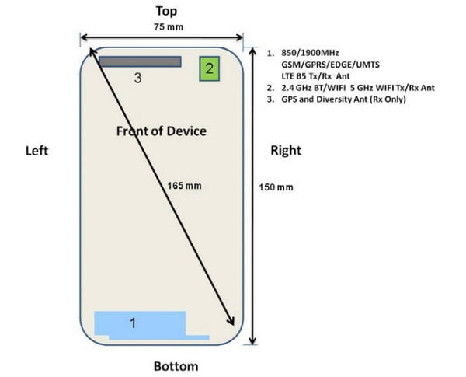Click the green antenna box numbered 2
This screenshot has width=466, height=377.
208,68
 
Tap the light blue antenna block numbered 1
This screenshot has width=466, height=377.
140,324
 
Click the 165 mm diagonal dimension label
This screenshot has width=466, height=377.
183,187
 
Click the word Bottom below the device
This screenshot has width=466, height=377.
176,366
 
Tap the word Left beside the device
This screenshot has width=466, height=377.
37,151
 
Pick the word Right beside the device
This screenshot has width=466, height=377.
285,151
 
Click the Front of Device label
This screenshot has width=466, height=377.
162,131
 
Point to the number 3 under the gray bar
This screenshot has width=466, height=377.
137,78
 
